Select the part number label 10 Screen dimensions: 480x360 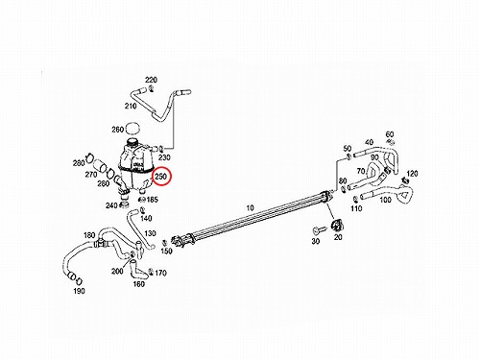pos(251,208)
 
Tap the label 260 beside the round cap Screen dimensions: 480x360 pos(117,130)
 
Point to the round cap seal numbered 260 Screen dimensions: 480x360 pos(133,129)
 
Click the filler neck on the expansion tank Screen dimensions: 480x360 pos(132,142)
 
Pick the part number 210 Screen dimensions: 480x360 pos(131,106)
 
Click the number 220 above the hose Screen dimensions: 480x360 pos(152,80)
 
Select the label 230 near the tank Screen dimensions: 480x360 pos(164,157)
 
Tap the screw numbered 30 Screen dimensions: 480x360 pos(319,229)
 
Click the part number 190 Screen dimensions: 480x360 pos(79,291)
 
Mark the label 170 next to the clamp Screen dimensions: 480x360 pos(160,273)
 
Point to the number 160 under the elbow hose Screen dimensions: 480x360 pos(139,284)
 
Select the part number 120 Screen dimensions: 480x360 pos(412,174)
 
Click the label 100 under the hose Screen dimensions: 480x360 pos(385,200)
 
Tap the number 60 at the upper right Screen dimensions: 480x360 pos(390,134)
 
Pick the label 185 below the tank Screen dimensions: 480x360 pos(152,200)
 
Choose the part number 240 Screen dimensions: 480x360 pos(111,205)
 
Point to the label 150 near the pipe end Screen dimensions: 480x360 pos(166,252)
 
